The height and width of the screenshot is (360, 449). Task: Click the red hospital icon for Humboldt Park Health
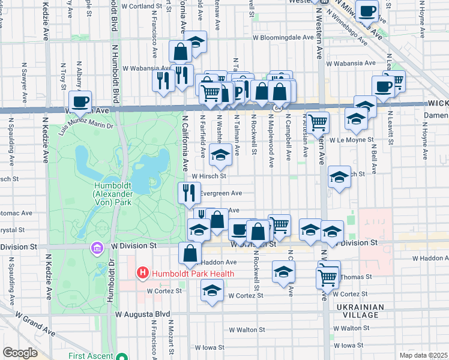(142, 274)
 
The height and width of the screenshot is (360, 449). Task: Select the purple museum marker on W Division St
(95, 247)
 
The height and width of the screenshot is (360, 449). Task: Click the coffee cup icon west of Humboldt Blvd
(80, 101)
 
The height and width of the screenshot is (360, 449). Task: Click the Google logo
(20, 353)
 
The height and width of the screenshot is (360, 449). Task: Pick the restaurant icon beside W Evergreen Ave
(189, 193)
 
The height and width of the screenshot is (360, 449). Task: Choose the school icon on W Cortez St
(211, 292)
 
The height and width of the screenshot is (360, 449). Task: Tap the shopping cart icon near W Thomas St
(328, 277)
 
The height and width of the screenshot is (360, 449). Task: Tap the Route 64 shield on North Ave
(278, 108)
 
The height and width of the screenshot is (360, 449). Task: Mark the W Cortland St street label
(142, 6)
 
